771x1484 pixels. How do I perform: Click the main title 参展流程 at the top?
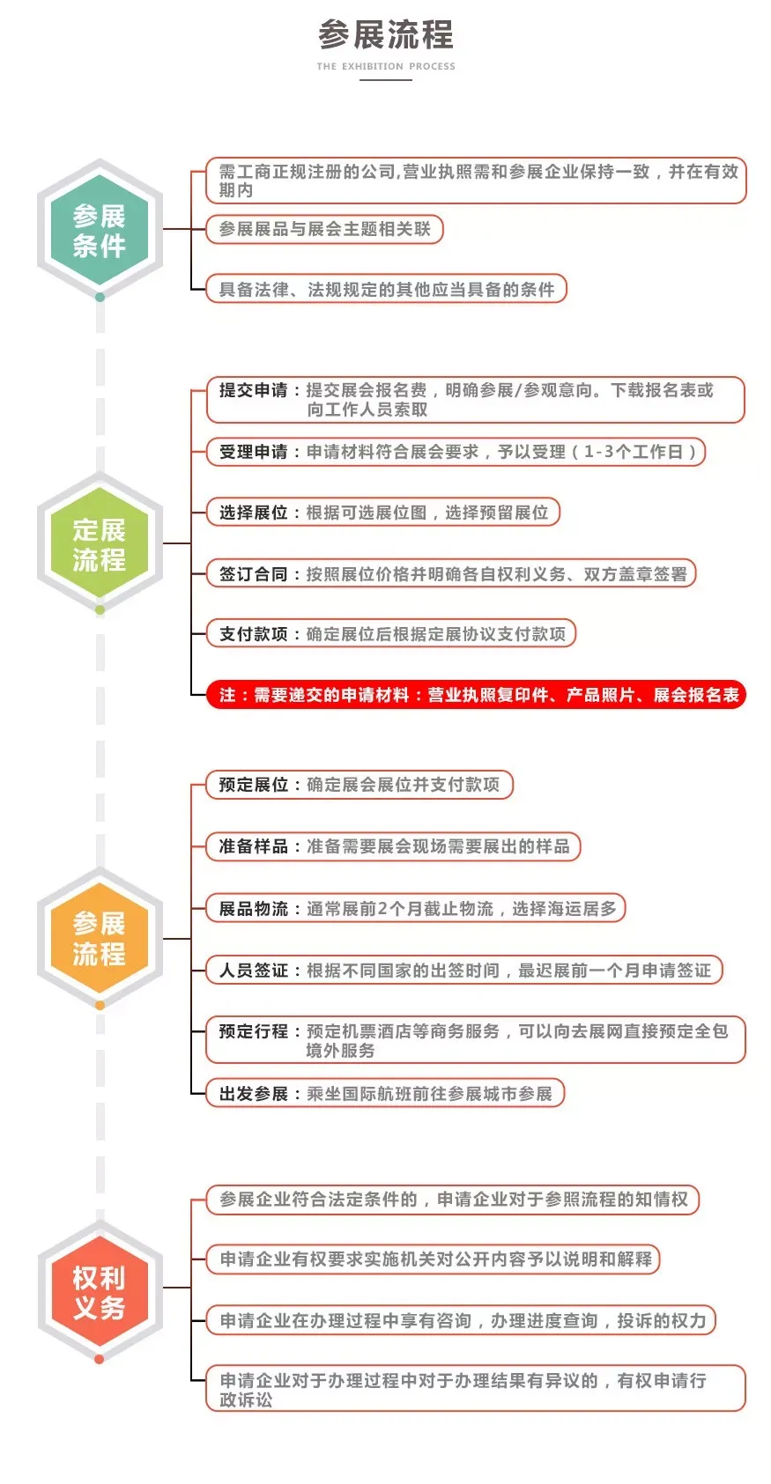point(386,34)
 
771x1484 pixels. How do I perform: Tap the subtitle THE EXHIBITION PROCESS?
point(386,66)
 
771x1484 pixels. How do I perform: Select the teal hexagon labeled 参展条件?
point(100,230)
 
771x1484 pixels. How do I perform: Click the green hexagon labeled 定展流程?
point(100,543)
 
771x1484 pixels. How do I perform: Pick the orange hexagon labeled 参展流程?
point(100,938)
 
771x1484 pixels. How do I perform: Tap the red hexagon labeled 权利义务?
point(100,1292)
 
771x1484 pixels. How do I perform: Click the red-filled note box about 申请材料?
point(476,695)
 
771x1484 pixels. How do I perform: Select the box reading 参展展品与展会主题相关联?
point(324,229)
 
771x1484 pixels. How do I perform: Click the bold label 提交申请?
point(253,390)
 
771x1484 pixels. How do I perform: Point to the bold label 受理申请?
point(253,452)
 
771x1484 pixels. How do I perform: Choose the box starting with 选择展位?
point(382,513)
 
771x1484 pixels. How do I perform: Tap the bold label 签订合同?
point(253,573)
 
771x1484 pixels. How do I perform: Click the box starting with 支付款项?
point(390,634)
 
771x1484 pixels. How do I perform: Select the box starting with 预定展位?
point(360,785)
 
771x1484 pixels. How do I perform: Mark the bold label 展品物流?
point(253,909)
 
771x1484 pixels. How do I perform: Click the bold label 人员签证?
point(253,971)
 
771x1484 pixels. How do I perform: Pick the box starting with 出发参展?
point(385,1094)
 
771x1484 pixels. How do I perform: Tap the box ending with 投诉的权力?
point(461,1320)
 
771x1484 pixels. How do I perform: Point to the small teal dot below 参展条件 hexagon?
point(100,298)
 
